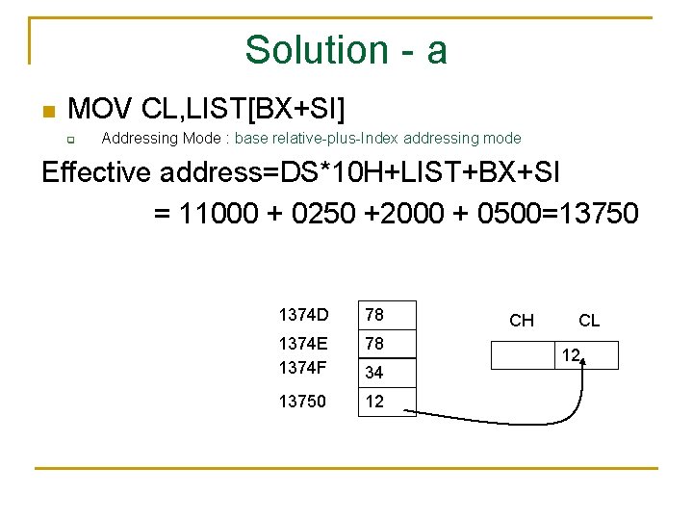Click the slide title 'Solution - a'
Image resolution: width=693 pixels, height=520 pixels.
click(346, 50)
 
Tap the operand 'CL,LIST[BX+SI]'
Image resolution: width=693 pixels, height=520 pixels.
click(243, 106)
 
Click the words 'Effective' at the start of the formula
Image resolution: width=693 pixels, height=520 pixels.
click(96, 173)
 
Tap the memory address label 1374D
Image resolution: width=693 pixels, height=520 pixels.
click(303, 315)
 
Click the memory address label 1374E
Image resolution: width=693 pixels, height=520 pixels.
click(303, 343)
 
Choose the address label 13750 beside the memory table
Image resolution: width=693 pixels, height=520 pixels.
click(302, 402)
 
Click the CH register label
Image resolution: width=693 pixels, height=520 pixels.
click(522, 321)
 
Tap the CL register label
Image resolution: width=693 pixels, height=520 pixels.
click(589, 321)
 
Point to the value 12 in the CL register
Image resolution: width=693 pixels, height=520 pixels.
click(571, 355)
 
